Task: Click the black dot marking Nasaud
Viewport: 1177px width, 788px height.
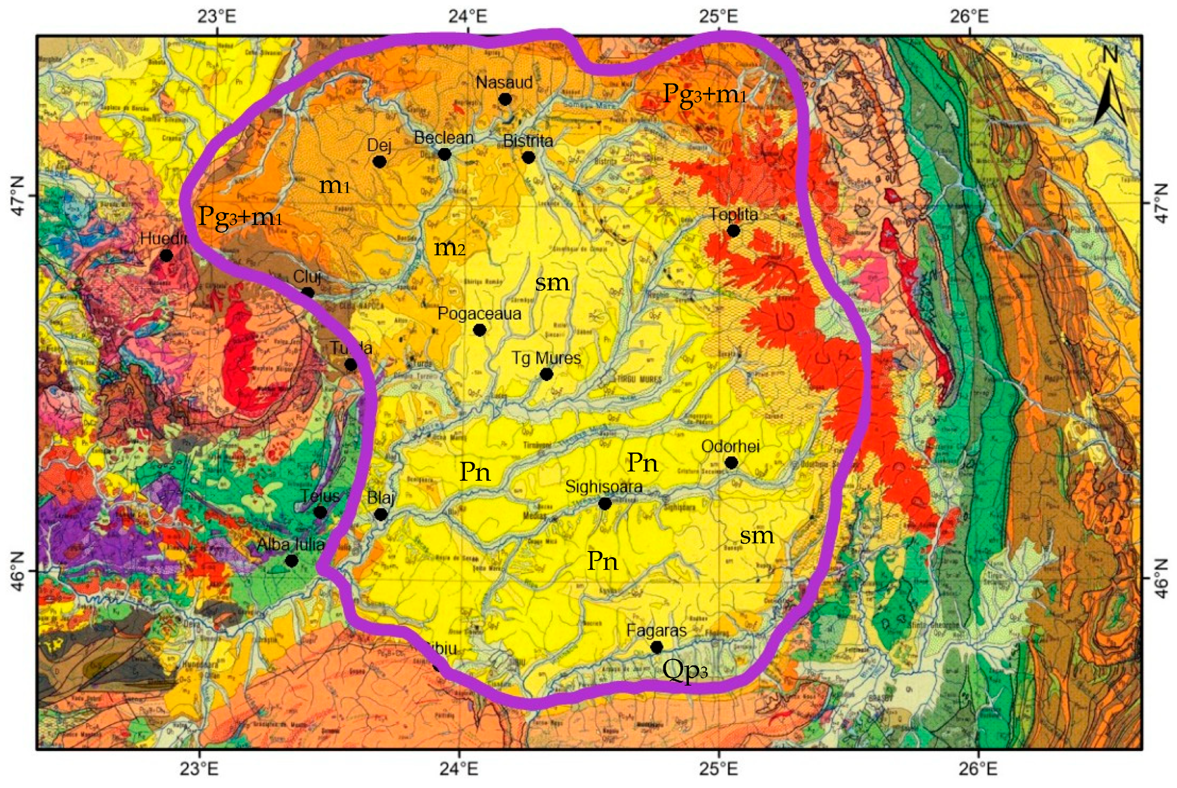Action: point(504,99)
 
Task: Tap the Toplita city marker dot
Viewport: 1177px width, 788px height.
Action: point(733,231)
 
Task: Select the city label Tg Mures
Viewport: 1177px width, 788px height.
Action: point(546,358)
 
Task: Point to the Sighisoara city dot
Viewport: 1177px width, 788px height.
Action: point(604,503)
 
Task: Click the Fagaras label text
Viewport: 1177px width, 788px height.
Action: point(656,631)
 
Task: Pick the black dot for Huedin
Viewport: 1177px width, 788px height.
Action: point(166,255)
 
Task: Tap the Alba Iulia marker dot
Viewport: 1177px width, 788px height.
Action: point(291,560)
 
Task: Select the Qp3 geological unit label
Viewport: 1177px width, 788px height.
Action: point(685,670)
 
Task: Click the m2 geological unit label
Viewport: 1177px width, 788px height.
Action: point(449,248)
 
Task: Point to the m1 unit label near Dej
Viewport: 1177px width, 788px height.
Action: point(334,186)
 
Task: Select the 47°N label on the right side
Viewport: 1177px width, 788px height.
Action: point(1161,203)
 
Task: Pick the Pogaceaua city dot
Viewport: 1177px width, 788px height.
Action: point(479,330)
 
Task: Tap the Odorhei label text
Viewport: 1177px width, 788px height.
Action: point(730,446)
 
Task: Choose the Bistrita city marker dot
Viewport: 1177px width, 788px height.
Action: point(528,157)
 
